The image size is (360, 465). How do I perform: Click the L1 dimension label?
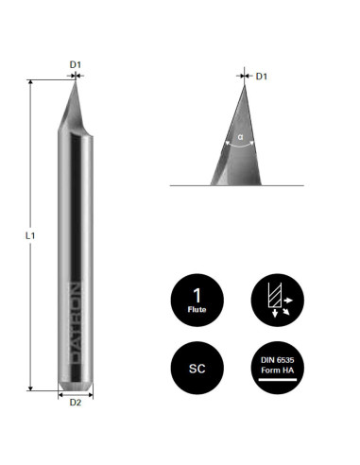tap(30, 235)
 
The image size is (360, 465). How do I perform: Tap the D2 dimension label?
tap(76, 403)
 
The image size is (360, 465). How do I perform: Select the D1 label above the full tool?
tap(76, 64)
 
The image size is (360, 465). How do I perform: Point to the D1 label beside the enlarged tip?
tap(262, 77)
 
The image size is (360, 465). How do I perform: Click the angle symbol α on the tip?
tap(241, 137)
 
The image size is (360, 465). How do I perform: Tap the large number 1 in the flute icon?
tap(197, 296)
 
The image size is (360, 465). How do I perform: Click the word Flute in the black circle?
tap(197, 310)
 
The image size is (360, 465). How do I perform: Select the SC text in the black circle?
tap(197, 369)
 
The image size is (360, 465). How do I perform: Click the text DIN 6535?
tap(278, 360)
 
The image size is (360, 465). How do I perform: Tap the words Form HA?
tap(278, 370)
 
